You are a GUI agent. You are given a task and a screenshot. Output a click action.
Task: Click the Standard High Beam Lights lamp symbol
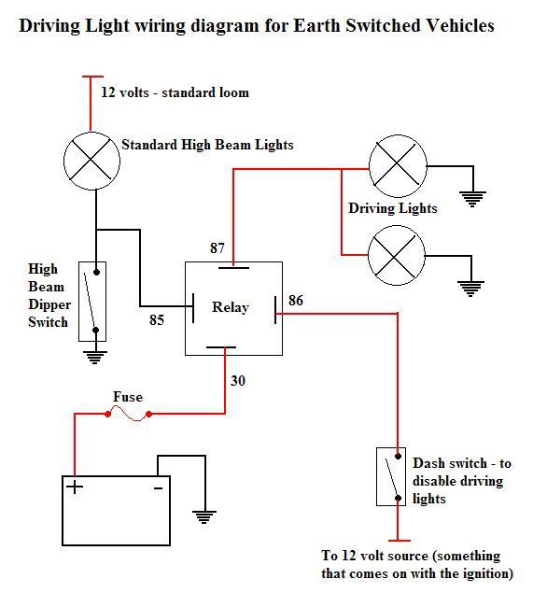pyautogui.click(x=91, y=158)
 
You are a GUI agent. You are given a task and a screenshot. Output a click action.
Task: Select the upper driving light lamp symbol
pyautogui.click(x=396, y=167)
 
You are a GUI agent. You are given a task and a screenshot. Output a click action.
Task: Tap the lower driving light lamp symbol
pyautogui.click(x=396, y=254)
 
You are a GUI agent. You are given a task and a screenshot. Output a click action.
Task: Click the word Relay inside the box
pyautogui.click(x=230, y=307)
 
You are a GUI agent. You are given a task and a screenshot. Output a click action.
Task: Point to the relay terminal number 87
pyautogui.click(x=217, y=248)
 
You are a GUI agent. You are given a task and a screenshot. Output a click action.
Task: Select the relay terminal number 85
pyautogui.click(x=157, y=320)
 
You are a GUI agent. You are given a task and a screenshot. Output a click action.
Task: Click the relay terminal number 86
pyautogui.click(x=295, y=301)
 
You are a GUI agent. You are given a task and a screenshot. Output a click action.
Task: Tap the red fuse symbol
pyautogui.click(x=130, y=414)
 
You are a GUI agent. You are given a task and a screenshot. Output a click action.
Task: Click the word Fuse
pyautogui.click(x=128, y=397)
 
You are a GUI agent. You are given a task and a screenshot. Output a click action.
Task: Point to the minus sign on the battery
pyautogui.click(x=158, y=487)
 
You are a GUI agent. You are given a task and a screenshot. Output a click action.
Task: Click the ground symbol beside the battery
pyautogui.click(x=203, y=515)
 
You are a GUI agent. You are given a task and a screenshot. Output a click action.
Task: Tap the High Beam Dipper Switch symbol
pyautogui.click(x=93, y=301)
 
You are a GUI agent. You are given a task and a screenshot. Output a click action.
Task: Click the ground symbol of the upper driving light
pyautogui.click(x=473, y=197)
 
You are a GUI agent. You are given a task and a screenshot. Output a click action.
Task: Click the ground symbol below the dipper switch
pyautogui.click(x=93, y=356)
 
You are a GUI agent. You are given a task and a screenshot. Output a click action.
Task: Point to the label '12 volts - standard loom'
pyautogui.click(x=175, y=92)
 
